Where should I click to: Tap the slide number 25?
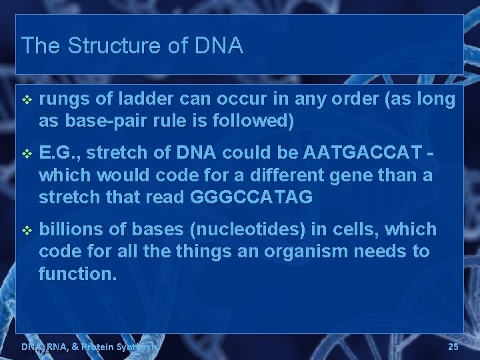pyautogui.click(x=453, y=347)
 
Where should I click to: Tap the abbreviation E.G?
pyautogui.click(x=59, y=153)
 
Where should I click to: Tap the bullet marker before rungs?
pyautogui.click(x=26, y=100)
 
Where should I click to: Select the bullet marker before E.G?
pyautogui.click(x=26, y=153)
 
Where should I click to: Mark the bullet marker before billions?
pyautogui.click(x=26, y=230)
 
